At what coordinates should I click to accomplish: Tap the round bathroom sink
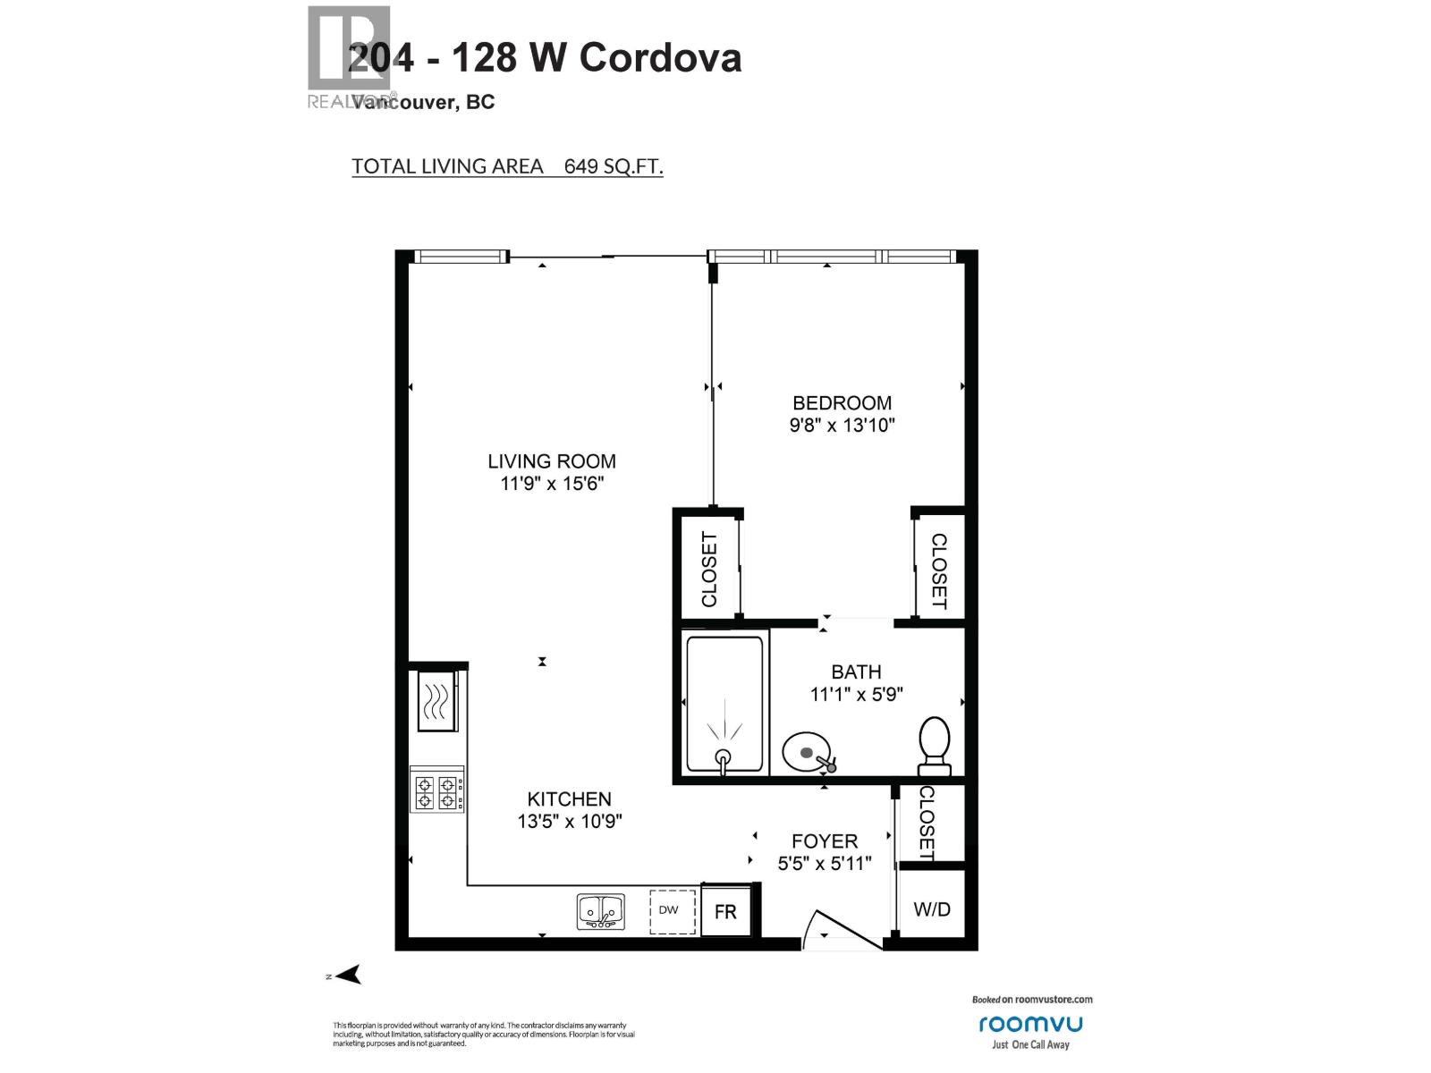tap(807, 753)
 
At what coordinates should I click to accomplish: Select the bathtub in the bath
tap(724, 702)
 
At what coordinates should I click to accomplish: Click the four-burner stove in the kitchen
tap(437, 790)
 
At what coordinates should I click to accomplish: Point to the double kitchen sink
tap(600, 912)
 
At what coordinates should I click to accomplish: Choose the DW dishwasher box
tap(673, 911)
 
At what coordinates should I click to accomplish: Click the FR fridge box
tap(725, 912)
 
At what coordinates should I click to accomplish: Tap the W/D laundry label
tap(932, 909)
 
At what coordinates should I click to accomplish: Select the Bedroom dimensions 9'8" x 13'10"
tap(842, 426)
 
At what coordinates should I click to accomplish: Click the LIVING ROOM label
tap(552, 461)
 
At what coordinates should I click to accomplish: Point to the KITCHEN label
tap(569, 799)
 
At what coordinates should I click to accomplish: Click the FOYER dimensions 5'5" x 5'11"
tap(824, 864)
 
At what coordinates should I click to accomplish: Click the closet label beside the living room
tap(709, 570)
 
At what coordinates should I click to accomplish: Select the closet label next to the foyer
tap(927, 824)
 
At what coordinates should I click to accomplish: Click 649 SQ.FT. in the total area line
tap(614, 166)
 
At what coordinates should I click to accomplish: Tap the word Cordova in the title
tap(660, 58)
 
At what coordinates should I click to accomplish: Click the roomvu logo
tap(1030, 1024)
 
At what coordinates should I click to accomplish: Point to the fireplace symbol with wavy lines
tap(436, 700)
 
